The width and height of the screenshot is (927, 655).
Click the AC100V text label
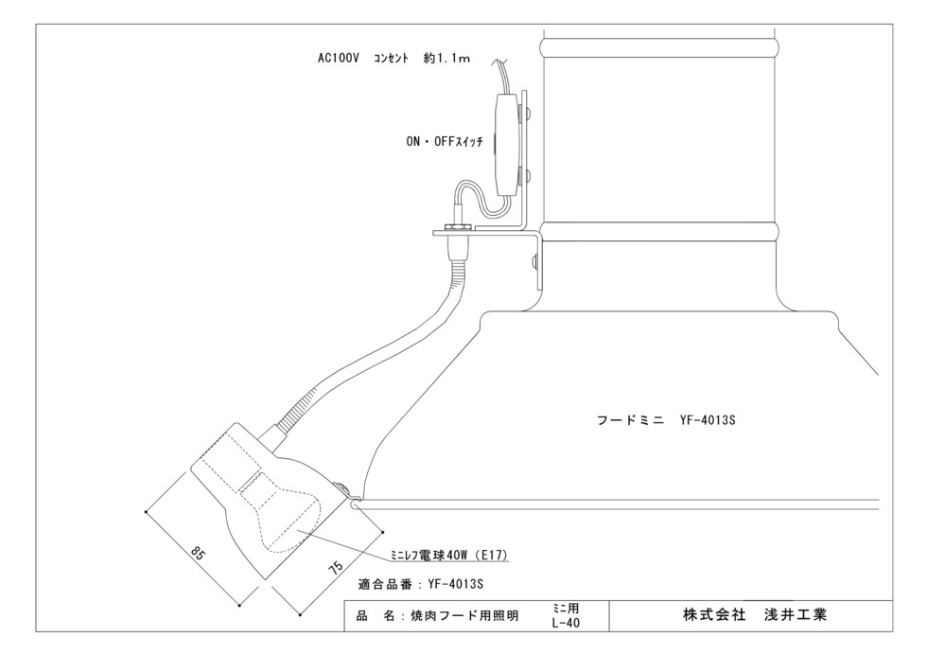click(x=339, y=58)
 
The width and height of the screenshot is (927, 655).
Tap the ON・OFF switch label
click(x=445, y=141)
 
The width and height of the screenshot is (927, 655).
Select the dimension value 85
click(x=198, y=555)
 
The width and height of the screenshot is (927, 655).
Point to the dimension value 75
click(x=336, y=566)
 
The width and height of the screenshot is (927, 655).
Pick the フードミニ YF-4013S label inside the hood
click(x=666, y=420)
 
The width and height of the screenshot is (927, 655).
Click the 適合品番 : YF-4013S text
click(x=421, y=584)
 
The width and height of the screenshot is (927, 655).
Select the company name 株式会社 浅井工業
click(x=755, y=615)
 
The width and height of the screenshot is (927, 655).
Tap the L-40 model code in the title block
click(x=566, y=623)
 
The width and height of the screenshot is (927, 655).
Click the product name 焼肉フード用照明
click(x=464, y=616)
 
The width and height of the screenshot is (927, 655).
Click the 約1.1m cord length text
click(x=446, y=58)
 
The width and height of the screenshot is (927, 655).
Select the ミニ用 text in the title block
click(x=566, y=609)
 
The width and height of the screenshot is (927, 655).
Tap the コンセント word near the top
click(x=391, y=58)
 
